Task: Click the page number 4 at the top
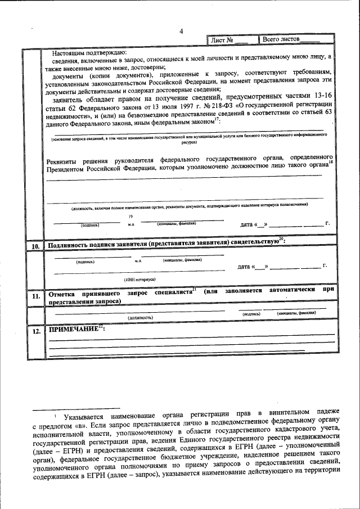pos(181,31)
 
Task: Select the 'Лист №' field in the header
pos(229,40)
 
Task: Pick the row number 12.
pos(34,332)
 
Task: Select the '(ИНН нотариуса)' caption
pos(140,279)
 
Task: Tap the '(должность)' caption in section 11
pos(140,317)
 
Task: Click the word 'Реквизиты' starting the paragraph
pos(64,159)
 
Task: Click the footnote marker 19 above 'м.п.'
pos(130,217)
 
